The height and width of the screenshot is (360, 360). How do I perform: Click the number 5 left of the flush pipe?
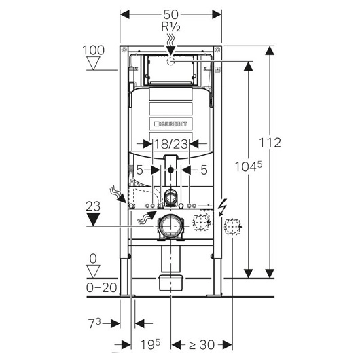(139, 170)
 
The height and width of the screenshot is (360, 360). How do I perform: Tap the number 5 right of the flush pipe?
(204, 170)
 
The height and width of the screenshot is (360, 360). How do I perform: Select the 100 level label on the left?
(94, 50)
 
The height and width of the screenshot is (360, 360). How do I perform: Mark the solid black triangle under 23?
(94, 219)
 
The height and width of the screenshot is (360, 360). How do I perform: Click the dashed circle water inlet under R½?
(171, 62)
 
